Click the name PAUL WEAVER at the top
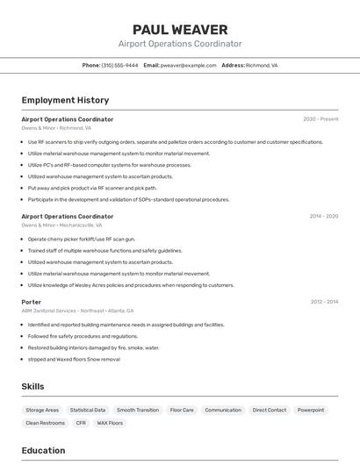pos(180,30)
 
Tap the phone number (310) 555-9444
pos(119,65)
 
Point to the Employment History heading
pos(65,100)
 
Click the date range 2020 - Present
pos(320,119)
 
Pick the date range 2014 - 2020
pos(323,216)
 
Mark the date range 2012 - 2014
pos(324,302)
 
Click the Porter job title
pos(32,302)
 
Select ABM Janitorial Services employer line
pos(77,311)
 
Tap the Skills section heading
pos(33,386)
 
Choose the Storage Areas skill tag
pos(42,410)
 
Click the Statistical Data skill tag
pos(88,410)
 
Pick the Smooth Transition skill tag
pos(138,410)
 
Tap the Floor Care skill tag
pos(182,410)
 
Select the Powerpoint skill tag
pos(311,410)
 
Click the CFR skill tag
pos(81,423)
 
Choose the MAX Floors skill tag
pos(110,423)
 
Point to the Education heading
pos(43,450)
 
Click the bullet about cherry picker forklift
pos(82,239)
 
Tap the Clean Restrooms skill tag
pos(46,423)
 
